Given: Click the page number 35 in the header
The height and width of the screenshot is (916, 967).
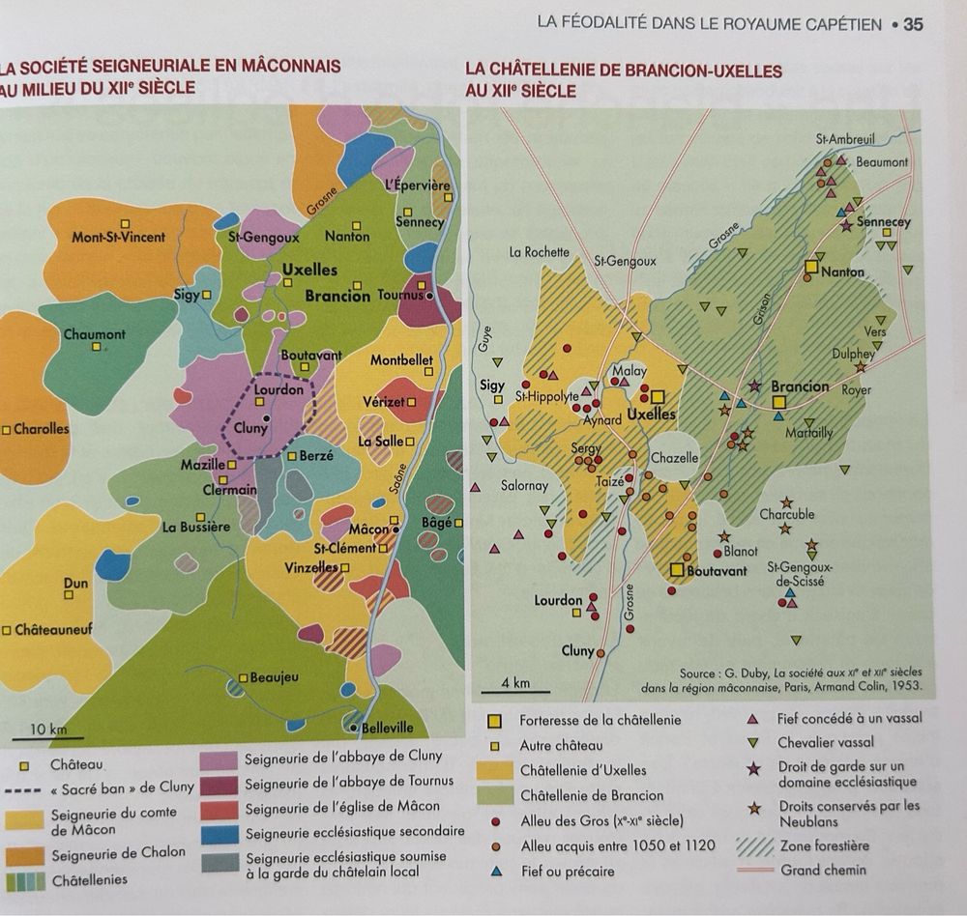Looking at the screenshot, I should (913, 24).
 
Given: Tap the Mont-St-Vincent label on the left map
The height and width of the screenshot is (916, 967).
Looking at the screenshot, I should (118, 237).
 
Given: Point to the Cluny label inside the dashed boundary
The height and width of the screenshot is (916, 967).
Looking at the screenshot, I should (250, 427).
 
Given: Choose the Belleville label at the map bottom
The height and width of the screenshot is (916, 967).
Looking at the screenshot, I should (387, 728).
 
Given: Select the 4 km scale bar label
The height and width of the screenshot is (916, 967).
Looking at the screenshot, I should (515, 683).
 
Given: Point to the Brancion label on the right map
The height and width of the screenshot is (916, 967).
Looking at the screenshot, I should (800, 386).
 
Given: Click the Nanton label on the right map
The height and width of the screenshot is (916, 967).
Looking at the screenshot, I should (842, 272).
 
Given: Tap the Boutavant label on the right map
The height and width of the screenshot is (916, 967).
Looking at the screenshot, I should (717, 571).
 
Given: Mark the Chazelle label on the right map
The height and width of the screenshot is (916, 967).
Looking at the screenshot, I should (674, 457).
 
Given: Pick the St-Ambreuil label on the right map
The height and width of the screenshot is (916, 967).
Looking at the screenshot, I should (844, 139).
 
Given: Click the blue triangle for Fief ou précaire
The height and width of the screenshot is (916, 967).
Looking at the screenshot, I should (495, 872).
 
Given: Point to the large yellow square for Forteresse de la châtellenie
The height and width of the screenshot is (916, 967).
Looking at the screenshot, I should (495, 721).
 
